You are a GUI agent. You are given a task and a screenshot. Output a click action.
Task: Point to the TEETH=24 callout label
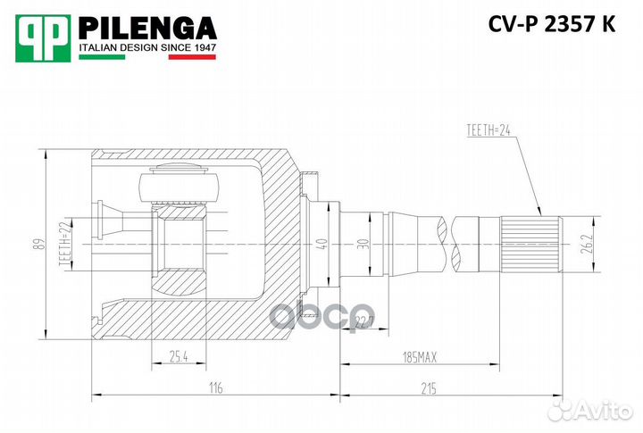tap(491, 130)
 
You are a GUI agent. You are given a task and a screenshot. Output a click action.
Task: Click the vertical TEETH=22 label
tap(64, 243)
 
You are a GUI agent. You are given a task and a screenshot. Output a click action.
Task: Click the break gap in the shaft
tap(447, 243)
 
